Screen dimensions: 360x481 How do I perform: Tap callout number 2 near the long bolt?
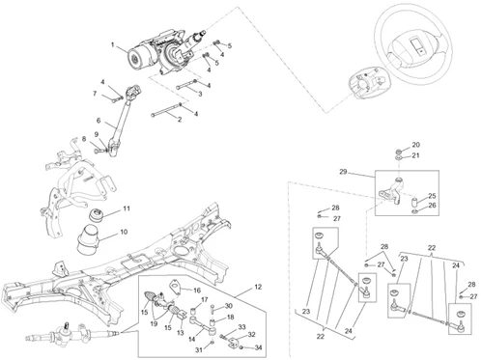[180, 120]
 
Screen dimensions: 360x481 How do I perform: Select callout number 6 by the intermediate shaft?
[99, 120]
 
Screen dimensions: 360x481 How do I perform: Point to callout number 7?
[95, 94]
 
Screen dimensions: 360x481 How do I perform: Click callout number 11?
[126, 208]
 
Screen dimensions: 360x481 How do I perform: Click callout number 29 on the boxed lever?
[342, 171]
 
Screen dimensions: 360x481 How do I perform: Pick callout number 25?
[432, 197]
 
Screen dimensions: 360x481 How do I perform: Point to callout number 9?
[96, 134]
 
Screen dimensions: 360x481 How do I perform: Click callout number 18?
[230, 317]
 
